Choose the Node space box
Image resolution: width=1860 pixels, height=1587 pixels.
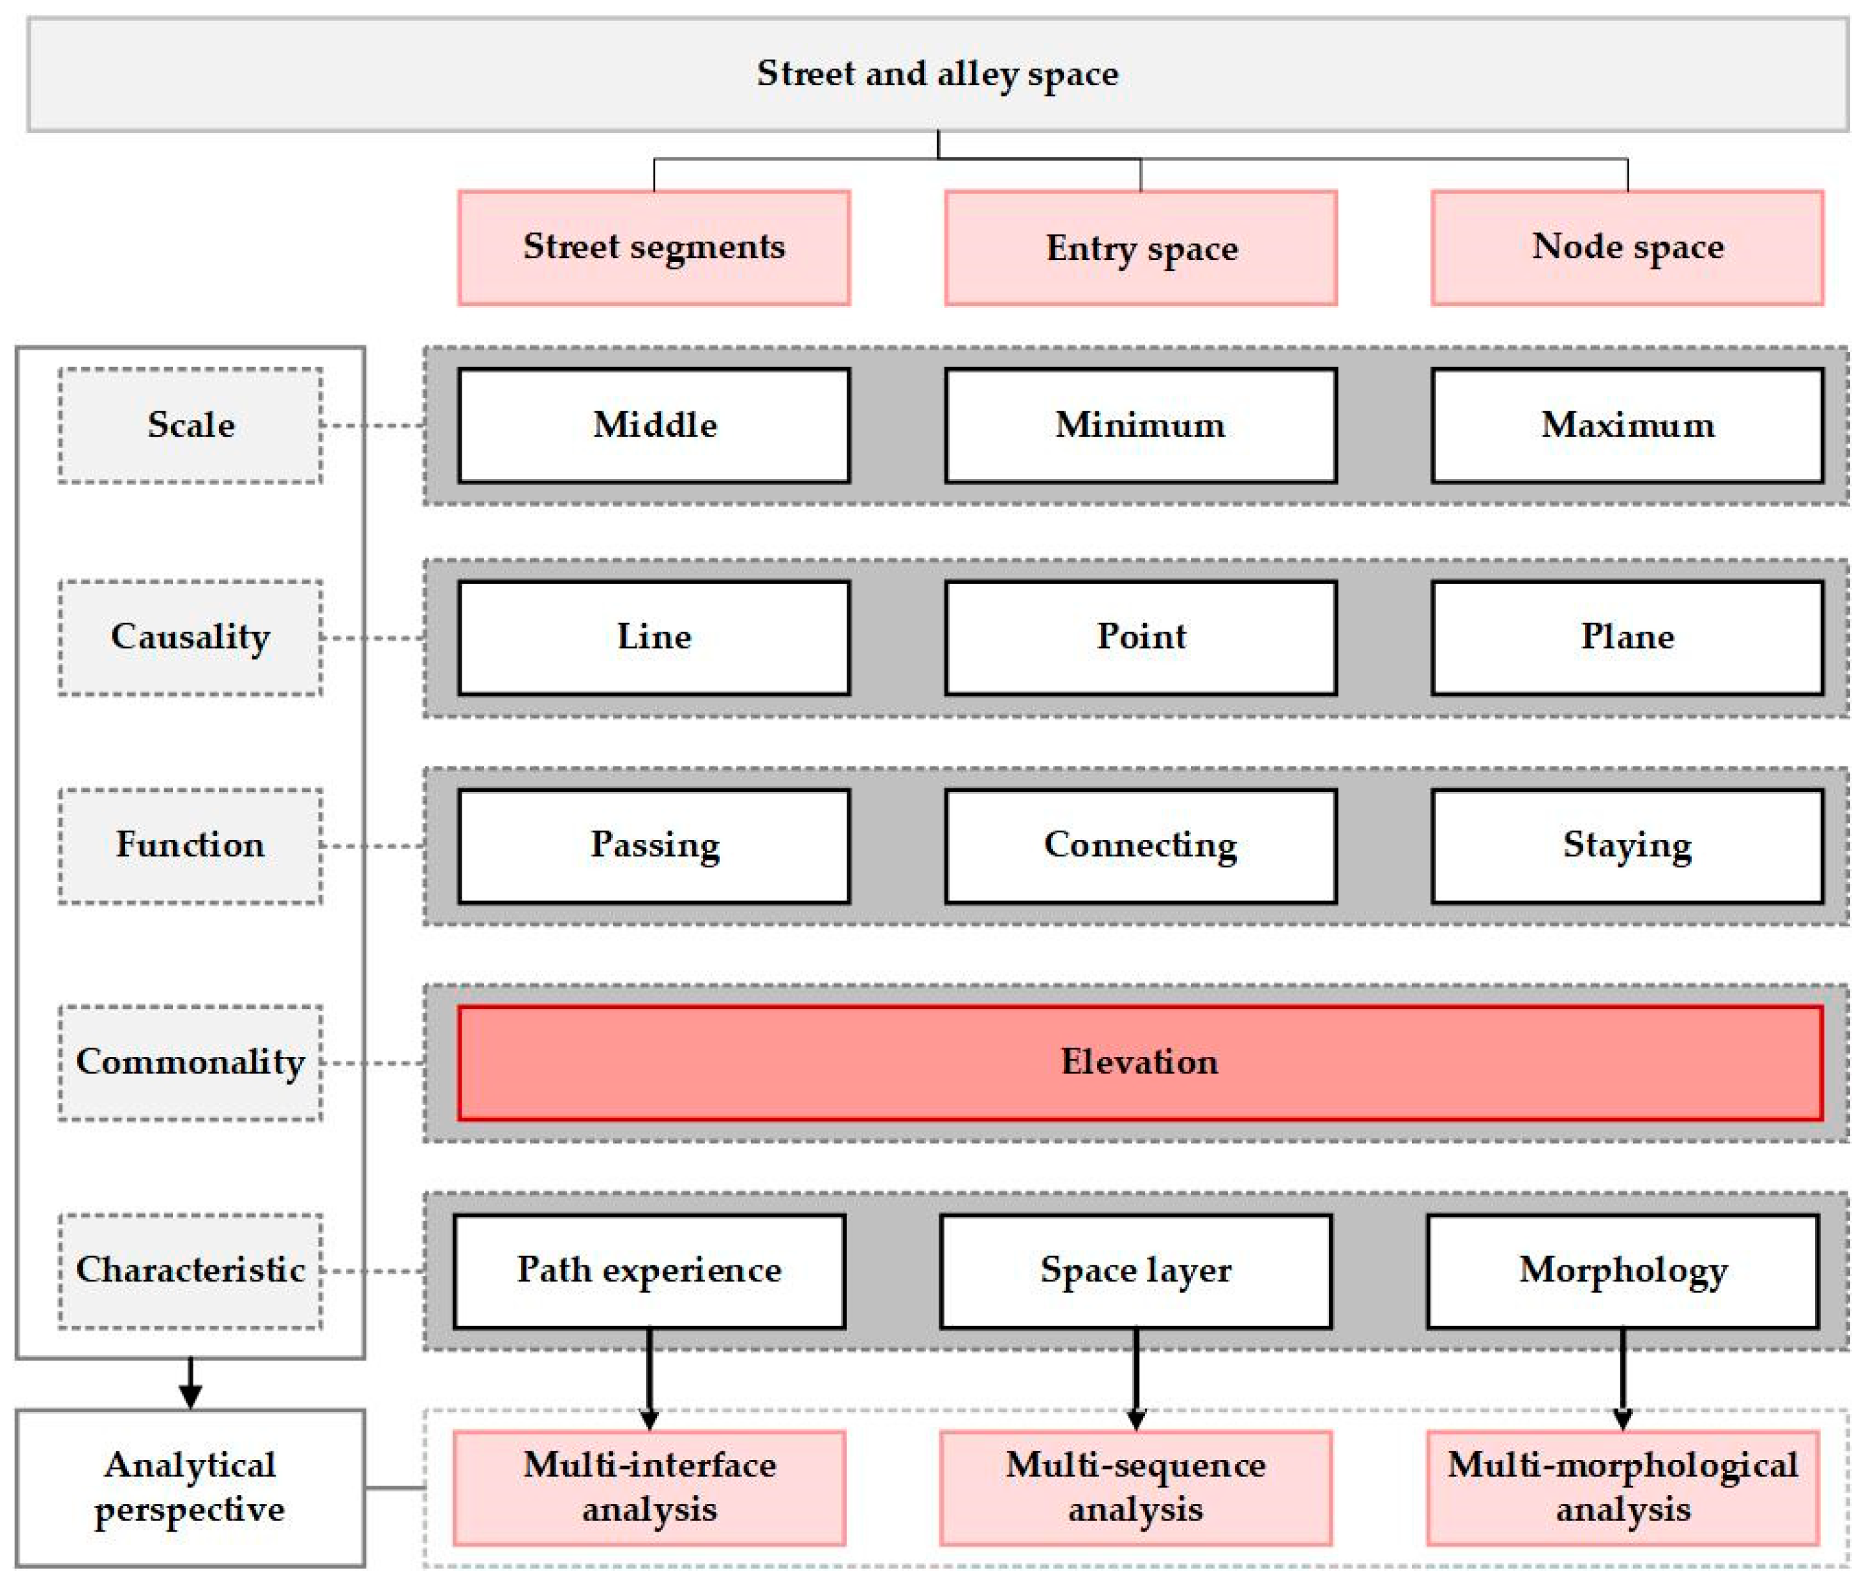point(1627,248)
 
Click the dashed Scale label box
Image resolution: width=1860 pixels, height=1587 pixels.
point(190,426)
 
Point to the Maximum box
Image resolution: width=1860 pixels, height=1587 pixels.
point(1627,426)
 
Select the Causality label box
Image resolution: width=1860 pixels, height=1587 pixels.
point(190,637)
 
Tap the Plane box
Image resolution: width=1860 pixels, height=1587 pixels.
point(1627,637)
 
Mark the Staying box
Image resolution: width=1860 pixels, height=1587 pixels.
point(1627,845)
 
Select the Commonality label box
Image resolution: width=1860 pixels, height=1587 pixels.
point(190,1063)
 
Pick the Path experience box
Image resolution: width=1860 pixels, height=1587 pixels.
point(649,1271)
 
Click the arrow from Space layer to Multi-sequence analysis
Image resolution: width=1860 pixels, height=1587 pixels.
point(1136,1378)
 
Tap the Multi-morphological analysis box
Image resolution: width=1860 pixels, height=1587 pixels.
point(1622,1488)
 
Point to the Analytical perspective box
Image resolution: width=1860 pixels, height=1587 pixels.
point(190,1488)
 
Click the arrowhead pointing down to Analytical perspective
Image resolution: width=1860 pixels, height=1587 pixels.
point(190,1396)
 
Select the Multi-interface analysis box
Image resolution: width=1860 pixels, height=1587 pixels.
point(649,1488)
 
